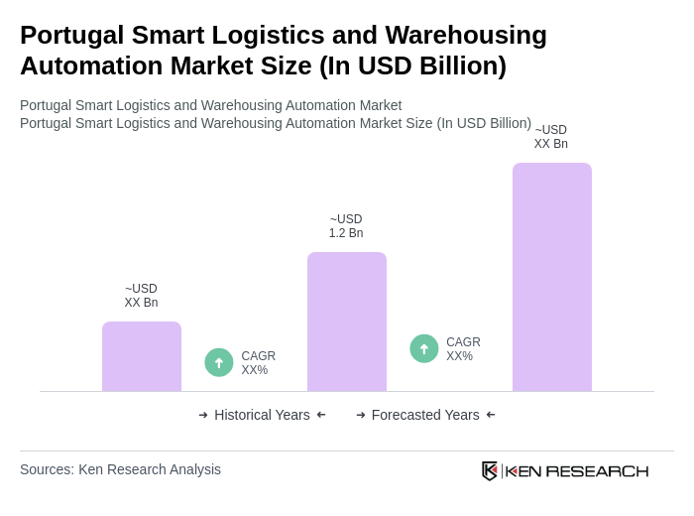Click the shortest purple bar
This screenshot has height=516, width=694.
tap(142, 356)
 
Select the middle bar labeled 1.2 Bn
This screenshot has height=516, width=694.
tap(346, 322)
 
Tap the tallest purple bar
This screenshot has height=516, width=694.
tap(551, 277)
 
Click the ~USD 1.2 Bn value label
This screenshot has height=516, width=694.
tap(346, 226)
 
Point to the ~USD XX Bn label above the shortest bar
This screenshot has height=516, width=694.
tap(141, 296)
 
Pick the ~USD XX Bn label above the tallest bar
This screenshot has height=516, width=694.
tap(551, 137)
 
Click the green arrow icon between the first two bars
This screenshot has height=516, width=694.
tap(219, 362)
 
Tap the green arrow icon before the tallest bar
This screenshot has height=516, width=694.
tap(424, 348)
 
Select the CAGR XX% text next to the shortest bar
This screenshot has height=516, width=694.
tap(258, 363)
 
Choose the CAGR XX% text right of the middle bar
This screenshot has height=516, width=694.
tap(463, 349)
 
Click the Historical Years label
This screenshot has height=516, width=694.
tap(262, 415)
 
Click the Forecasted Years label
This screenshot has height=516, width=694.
tap(425, 415)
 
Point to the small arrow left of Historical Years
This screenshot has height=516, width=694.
tap(203, 415)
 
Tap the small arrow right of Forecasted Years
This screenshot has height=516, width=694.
tap(491, 415)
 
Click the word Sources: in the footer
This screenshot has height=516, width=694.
tap(47, 469)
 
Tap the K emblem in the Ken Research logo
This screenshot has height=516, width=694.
tap(490, 470)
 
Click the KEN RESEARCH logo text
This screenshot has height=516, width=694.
tap(577, 470)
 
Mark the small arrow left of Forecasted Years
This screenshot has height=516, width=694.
tap(361, 415)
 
